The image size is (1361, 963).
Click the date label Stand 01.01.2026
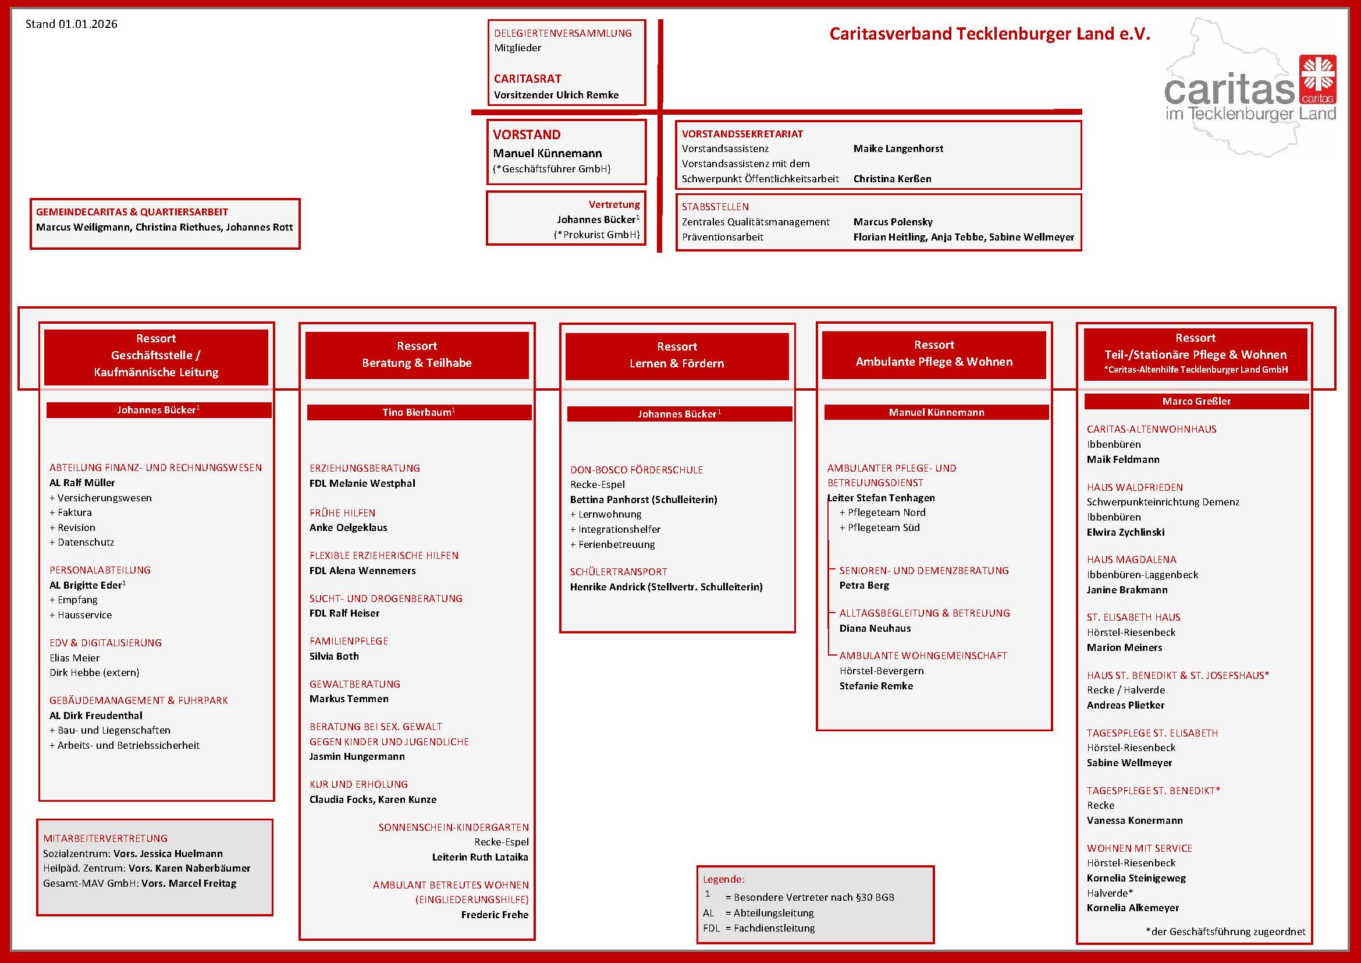(71, 24)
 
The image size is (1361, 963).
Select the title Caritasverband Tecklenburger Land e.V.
(989, 34)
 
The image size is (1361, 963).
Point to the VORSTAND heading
(527, 134)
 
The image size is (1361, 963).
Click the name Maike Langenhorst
(898, 149)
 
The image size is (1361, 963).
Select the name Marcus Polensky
(893, 222)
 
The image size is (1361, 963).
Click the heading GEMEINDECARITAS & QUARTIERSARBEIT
(132, 213)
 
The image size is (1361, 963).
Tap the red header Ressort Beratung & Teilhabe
(417, 355)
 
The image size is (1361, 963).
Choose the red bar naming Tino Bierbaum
(418, 413)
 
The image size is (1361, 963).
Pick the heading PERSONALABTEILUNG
(100, 570)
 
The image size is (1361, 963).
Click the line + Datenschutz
(82, 542)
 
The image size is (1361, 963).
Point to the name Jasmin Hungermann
(357, 757)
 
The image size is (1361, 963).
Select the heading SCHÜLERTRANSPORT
(619, 572)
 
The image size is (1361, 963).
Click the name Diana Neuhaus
(875, 629)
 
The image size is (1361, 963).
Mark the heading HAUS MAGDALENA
(1131, 560)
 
